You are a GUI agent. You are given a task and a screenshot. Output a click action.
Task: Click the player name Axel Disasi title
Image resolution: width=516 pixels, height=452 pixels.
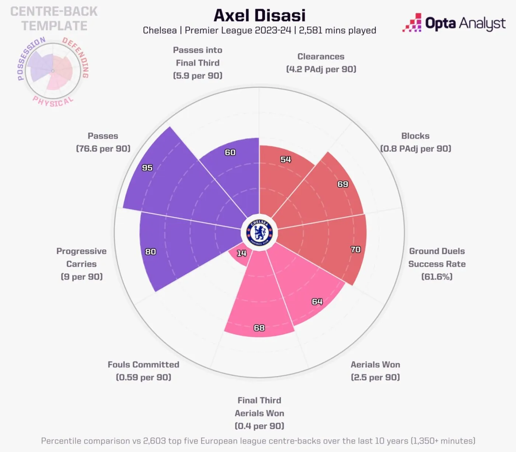point(259,15)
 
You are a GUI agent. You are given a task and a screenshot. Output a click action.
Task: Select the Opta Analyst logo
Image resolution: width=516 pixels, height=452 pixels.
point(454,23)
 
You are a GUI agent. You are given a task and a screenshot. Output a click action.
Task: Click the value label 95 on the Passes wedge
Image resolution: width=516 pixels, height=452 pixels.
point(147,168)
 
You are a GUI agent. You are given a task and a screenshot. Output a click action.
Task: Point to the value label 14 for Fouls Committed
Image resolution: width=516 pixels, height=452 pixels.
point(241,253)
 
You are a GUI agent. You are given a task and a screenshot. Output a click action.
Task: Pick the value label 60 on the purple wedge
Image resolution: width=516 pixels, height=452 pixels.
point(230,152)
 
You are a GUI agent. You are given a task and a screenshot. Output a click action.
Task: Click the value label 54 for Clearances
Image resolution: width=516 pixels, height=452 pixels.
point(286,159)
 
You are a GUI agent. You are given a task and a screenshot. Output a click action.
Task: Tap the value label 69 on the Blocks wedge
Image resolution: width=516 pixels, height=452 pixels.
point(343,184)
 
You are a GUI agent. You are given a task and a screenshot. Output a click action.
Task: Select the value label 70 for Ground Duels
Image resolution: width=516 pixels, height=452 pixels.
point(356,250)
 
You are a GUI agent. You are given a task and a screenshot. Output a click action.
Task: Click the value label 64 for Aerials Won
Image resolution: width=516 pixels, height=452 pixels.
point(317,302)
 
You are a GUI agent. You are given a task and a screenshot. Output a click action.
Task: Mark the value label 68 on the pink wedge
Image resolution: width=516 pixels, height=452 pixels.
point(259,328)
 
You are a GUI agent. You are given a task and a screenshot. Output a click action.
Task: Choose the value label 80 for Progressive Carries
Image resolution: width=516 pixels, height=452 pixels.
point(150,252)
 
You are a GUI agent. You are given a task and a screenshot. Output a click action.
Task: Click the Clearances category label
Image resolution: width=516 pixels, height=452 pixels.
point(321,56)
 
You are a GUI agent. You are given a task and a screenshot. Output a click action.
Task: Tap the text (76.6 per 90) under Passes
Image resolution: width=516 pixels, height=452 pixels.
point(103,149)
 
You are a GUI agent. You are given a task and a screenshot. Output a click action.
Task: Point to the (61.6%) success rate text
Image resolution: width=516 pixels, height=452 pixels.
point(437,277)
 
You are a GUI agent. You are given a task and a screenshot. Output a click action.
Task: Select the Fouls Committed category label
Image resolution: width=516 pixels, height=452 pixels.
point(143,365)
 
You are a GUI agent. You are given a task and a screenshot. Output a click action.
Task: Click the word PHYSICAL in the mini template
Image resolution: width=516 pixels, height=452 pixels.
point(53,102)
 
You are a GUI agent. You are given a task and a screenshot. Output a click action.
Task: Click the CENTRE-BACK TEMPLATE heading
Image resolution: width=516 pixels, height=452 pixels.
point(54,18)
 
